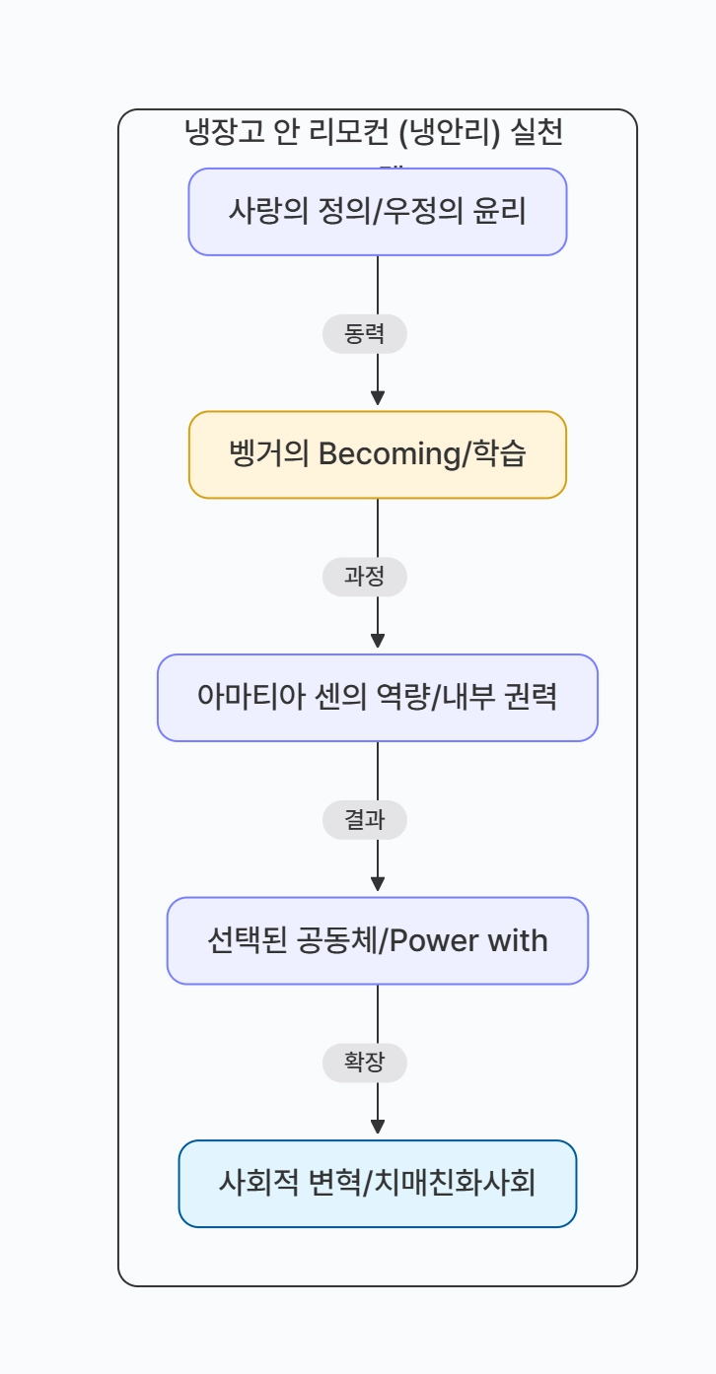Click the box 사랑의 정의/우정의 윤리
378,212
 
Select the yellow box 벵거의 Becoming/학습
378,454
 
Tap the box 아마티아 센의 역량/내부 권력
378,698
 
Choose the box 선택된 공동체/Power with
378,940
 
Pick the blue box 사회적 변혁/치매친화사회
378,1184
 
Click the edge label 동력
365,335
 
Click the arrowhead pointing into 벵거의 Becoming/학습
378,397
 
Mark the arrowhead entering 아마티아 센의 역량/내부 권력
378,641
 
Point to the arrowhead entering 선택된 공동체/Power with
378,883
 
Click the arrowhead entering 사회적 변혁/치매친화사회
378,1127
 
